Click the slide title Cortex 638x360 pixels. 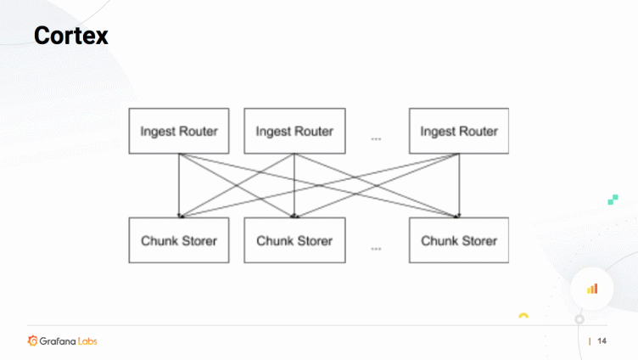pyautogui.click(x=71, y=37)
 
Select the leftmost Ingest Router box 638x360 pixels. pyautogui.click(x=178, y=131)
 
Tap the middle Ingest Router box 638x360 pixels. pyautogui.click(x=294, y=131)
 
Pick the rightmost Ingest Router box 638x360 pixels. pyautogui.click(x=458, y=131)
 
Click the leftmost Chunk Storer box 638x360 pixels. pyautogui.click(x=178, y=240)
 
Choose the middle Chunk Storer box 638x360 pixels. pyautogui.click(x=294, y=240)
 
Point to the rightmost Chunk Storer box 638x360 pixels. pyautogui.click(x=458, y=240)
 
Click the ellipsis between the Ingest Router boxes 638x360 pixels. pyautogui.click(x=376, y=137)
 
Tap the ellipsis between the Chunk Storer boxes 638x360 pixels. pyautogui.click(x=376, y=249)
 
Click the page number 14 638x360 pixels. pyautogui.click(x=602, y=341)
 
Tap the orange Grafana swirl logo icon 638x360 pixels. pyautogui.click(x=33, y=341)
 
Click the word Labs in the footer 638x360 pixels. pyautogui.click(x=88, y=341)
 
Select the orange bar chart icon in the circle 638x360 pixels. pyautogui.click(x=592, y=289)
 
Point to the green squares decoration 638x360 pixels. pyautogui.click(x=613, y=200)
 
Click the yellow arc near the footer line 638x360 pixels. pyautogui.click(x=523, y=316)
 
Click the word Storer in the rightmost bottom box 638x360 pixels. pyautogui.click(x=479, y=240)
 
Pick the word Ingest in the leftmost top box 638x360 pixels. pyautogui.click(x=157, y=131)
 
